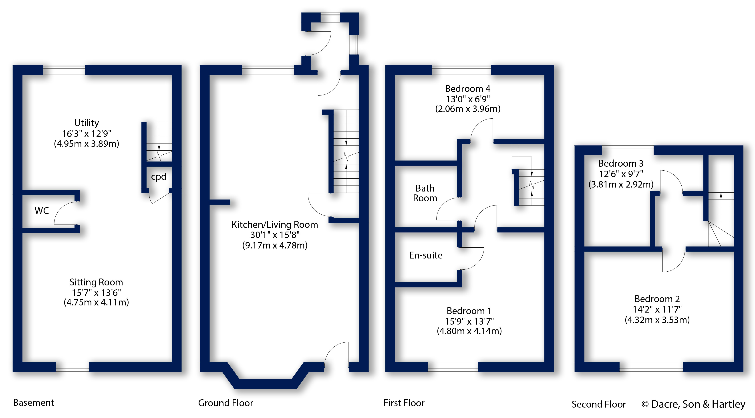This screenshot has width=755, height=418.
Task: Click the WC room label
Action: [x=42, y=211]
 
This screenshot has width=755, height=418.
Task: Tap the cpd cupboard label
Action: [x=159, y=177]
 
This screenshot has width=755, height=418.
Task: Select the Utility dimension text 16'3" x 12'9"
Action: [x=87, y=134]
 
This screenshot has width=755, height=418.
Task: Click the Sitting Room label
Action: [x=96, y=282]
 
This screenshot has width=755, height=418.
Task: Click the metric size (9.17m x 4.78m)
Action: [x=275, y=245]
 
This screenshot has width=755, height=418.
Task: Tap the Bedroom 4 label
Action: [x=467, y=89]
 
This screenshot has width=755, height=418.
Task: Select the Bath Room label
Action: [x=425, y=193]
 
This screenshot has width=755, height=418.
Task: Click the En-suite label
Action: [x=426, y=255]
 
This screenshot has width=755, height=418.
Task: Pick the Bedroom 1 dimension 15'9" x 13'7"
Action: [x=469, y=321]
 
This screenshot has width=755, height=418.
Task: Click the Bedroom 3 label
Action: [x=621, y=163]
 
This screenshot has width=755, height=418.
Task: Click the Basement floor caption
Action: [x=34, y=403]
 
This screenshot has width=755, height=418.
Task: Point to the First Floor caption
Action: [x=404, y=403]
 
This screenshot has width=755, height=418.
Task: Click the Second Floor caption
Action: [x=598, y=404]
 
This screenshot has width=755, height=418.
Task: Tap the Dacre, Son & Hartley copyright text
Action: [x=693, y=404]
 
